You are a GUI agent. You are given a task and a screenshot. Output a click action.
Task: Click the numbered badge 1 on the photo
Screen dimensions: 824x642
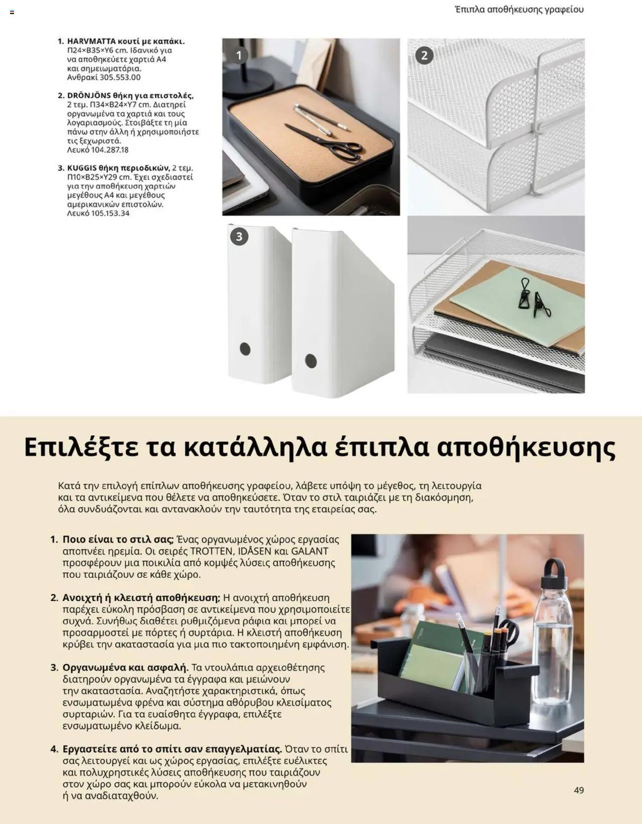tap(239, 55)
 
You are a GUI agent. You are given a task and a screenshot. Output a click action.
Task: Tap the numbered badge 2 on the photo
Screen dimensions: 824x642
tap(424, 55)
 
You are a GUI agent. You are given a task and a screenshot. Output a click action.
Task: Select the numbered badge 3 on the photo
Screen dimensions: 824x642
tap(239, 236)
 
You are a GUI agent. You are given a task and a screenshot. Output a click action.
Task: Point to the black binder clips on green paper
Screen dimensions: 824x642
tap(533, 299)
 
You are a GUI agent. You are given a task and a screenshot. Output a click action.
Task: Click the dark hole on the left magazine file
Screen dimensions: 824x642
tap(245, 349)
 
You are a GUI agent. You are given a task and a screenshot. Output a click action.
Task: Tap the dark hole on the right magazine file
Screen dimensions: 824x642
tap(311, 361)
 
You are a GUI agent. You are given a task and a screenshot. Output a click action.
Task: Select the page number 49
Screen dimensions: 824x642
tap(579, 790)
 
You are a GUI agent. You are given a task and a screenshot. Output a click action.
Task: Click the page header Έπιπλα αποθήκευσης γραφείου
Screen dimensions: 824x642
tap(519, 10)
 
